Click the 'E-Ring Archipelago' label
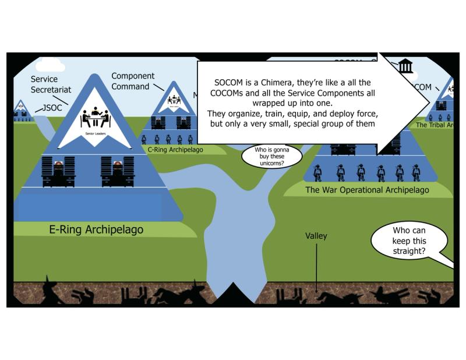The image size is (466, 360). [x=96, y=230]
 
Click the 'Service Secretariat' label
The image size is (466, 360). [x=51, y=84]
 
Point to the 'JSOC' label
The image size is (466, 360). [x=50, y=108]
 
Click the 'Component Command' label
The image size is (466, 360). [x=133, y=81]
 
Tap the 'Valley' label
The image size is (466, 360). [x=316, y=236]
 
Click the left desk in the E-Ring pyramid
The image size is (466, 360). [x=59, y=171]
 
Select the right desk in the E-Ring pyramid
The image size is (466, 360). [x=117, y=171]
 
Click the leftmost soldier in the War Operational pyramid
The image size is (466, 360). [x=317, y=172]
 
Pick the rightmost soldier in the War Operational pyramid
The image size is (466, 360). [x=416, y=172]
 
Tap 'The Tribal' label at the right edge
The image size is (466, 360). [x=434, y=125]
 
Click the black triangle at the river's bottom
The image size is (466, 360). [x=233, y=294]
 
